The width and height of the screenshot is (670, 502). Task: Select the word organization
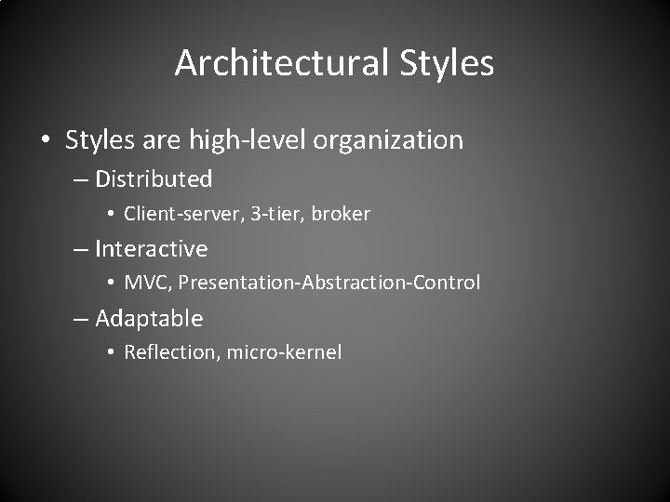coord(389,141)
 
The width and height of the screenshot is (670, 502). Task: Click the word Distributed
coord(154,178)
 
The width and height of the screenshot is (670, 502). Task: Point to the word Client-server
coord(181,214)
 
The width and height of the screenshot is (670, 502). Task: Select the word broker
coord(341,214)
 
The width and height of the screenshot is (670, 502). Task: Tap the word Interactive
coord(152,249)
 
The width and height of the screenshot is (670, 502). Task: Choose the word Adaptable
coord(149,319)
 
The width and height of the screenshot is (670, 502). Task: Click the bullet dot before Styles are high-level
coord(47,141)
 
